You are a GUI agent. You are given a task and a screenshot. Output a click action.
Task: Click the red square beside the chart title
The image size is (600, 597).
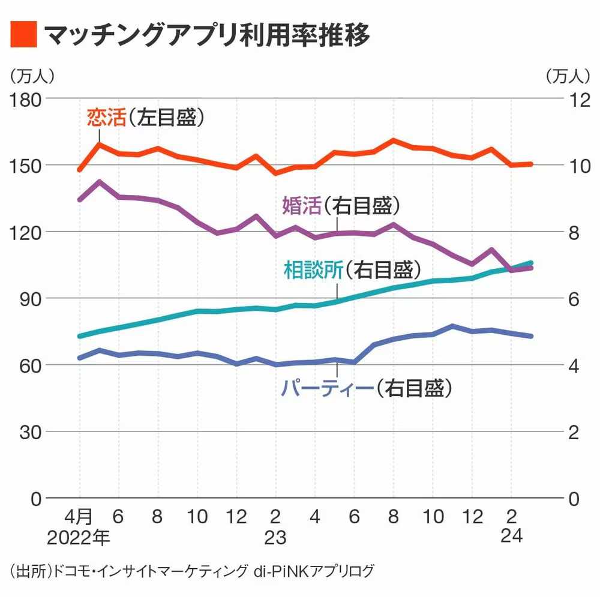point(23,35)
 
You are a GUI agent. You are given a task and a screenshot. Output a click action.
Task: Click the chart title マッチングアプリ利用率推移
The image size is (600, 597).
point(206,35)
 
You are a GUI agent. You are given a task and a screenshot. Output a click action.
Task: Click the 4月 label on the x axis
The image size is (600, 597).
point(79,516)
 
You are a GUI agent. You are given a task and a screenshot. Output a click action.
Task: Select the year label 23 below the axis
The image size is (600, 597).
point(275,537)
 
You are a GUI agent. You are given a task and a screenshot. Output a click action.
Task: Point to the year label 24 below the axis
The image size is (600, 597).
point(511,537)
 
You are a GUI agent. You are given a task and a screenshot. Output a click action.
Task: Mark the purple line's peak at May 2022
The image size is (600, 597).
point(99,182)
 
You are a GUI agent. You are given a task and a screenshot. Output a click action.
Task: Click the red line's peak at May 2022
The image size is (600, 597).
point(99,144)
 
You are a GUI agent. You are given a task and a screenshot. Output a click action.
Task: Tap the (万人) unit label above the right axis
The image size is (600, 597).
point(568,76)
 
